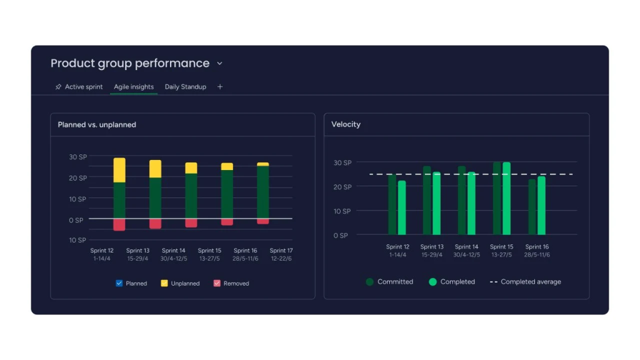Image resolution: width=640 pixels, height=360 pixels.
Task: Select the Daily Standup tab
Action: [x=185, y=87]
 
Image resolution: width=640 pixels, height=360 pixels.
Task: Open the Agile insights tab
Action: [x=134, y=87]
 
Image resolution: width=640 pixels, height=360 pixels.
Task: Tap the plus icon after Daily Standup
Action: [x=220, y=87]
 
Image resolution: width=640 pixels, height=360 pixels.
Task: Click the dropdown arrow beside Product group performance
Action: [x=219, y=63]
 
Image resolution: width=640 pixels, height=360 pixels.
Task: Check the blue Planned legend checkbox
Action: [x=119, y=283]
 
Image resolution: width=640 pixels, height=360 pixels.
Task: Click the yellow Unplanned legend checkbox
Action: [x=164, y=283]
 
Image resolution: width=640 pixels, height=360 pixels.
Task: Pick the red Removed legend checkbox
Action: [x=217, y=283]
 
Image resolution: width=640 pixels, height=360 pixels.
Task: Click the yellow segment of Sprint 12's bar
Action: [x=119, y=170]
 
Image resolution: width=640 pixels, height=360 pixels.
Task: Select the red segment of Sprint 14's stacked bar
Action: [x=191, y=222]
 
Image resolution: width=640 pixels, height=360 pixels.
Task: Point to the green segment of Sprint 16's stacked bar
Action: [x=263, y=192]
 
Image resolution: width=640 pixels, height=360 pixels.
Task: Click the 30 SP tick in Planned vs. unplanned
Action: [x=78, y=157]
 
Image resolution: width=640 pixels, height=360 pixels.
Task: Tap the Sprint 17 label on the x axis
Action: [x=281, y=251]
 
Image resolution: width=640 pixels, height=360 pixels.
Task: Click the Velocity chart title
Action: [x=346, y=124]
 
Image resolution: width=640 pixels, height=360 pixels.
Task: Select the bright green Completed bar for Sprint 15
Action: [x=506, y=198]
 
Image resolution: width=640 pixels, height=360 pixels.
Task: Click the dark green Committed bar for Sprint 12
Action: [x=392, y=204]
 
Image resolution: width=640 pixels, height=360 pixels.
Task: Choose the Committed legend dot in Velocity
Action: [x=370, y=282]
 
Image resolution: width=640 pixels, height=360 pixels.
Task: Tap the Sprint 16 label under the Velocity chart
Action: [x=537, y=247]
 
